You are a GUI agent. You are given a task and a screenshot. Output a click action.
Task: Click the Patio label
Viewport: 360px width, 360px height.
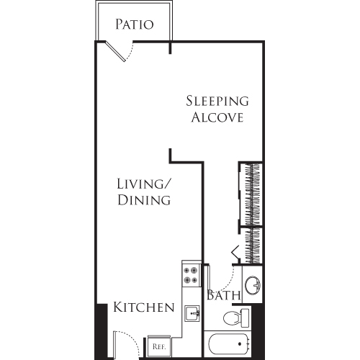[135, 24]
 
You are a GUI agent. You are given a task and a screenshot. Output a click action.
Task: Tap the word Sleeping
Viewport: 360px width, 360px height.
[217, 101]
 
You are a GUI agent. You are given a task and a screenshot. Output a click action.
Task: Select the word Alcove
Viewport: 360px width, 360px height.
[217, 117]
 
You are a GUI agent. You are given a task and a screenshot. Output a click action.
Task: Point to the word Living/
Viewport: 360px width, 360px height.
[144, 184]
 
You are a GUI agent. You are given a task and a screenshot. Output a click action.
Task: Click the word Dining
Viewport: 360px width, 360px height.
[144, 200]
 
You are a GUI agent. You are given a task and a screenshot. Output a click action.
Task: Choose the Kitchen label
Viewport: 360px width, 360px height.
[143, 308]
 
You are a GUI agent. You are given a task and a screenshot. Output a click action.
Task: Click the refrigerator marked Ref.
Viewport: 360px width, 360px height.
[159, 346]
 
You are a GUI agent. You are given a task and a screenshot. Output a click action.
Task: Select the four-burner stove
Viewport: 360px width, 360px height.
[191, 276]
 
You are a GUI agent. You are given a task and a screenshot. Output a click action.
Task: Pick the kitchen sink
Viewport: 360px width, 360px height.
[192, 313]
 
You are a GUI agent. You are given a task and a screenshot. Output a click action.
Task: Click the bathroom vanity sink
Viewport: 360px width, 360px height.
[253, 287]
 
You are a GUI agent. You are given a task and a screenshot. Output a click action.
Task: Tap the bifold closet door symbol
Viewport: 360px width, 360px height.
[235, 252]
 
